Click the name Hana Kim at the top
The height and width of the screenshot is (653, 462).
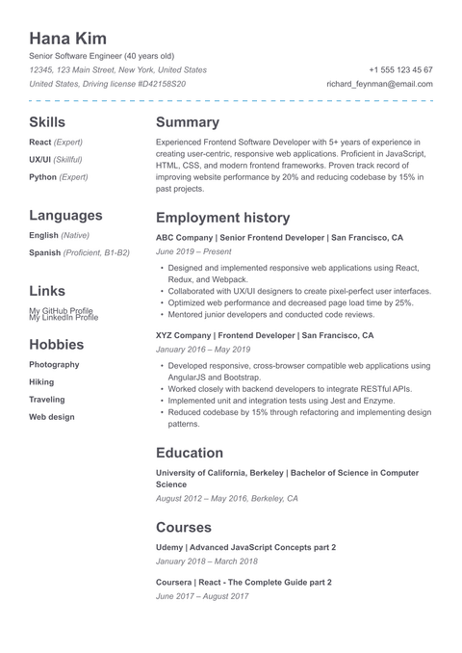[x=67, y=39]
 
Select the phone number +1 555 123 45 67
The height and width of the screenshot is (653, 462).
[x=400, y=70]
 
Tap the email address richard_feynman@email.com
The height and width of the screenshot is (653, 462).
[x=379, y=85]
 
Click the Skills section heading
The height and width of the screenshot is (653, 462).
[x=47, y=122]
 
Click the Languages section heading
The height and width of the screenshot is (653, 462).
[x=65, y=216]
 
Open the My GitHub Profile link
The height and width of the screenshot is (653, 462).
[x=61, y=311]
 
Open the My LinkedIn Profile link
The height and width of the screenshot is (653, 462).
[x=64, y=318]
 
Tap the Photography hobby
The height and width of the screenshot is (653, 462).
[x=54, y=365]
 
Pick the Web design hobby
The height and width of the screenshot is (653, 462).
[x=51, y=417]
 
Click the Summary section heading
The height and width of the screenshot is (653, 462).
[x=187, y=122]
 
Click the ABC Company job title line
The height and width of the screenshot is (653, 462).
[x=279, y=237]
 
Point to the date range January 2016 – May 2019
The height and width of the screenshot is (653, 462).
[x=202, y=350]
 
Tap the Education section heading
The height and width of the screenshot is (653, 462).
[x=189, y=453]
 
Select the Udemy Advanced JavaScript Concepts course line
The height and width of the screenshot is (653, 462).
[x=245, y=547]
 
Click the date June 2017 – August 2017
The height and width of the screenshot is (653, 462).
[x=201, y=597]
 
